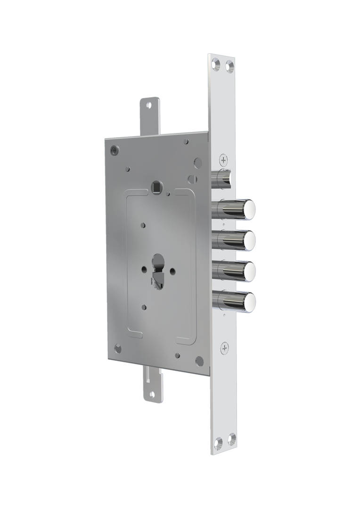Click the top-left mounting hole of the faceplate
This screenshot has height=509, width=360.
[x=216, y=63]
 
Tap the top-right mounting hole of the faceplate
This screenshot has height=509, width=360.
[x=229, y=66]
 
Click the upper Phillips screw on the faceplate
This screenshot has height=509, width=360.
[x=224, y=160]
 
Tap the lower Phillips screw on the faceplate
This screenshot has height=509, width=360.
[x=225, y=348]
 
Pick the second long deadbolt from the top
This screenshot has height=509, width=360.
[x=234, y=240]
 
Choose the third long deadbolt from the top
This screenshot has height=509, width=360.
[x=234, y=271]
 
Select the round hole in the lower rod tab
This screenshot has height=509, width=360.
[x=152, y=394]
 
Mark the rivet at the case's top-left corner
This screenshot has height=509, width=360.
[x=115, y=150]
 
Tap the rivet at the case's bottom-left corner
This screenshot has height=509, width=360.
[x=118, y=349]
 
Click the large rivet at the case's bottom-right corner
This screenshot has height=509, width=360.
[x=200, y=361]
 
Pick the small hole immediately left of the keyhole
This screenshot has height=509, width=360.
[x=144, y=270]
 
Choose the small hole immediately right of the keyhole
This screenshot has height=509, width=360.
[x=172, y=271]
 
